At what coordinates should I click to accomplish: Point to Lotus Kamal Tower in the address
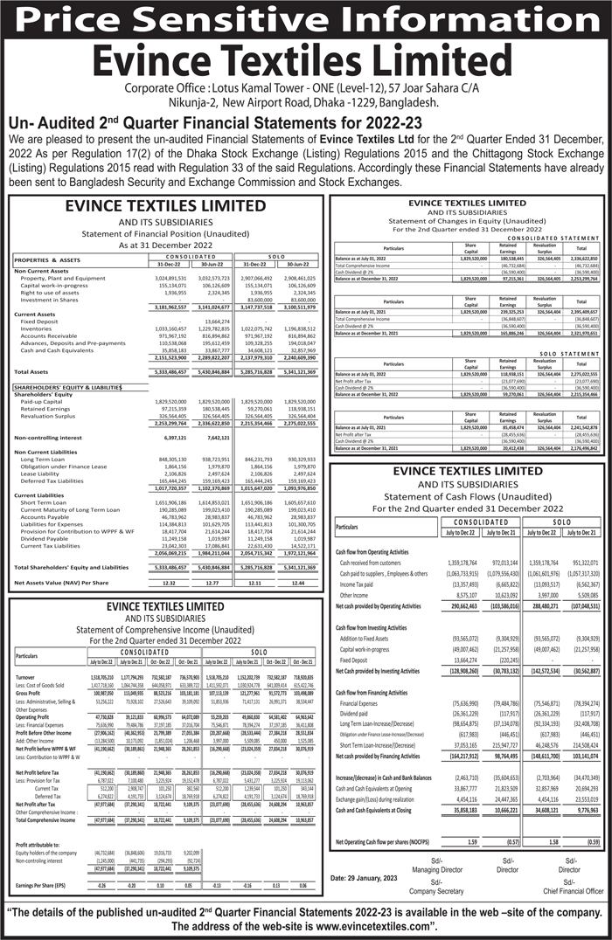point(264,89)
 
